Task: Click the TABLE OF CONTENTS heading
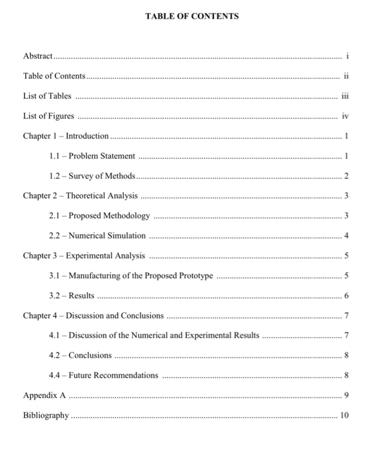coord(188,15)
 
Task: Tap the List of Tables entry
coord(47,96)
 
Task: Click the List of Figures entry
coord(48,117)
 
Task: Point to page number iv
coord(344,117)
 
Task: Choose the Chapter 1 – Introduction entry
coord(66,136)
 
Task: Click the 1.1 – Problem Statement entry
coord(92,156)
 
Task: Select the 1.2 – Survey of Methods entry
coord(92,176)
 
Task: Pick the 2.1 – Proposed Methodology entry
coord(99,216)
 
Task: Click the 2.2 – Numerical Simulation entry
coord(97,236)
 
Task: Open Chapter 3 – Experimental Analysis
coord(84,256)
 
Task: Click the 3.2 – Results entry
coord(72,296)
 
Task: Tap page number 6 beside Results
coord(346,296)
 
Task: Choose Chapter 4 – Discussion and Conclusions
coord(94,316)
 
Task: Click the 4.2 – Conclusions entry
coord(80,355)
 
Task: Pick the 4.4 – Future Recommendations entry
coord(103,375)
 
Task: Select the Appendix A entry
coord(45,395)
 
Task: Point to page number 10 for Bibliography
coord(344,415)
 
